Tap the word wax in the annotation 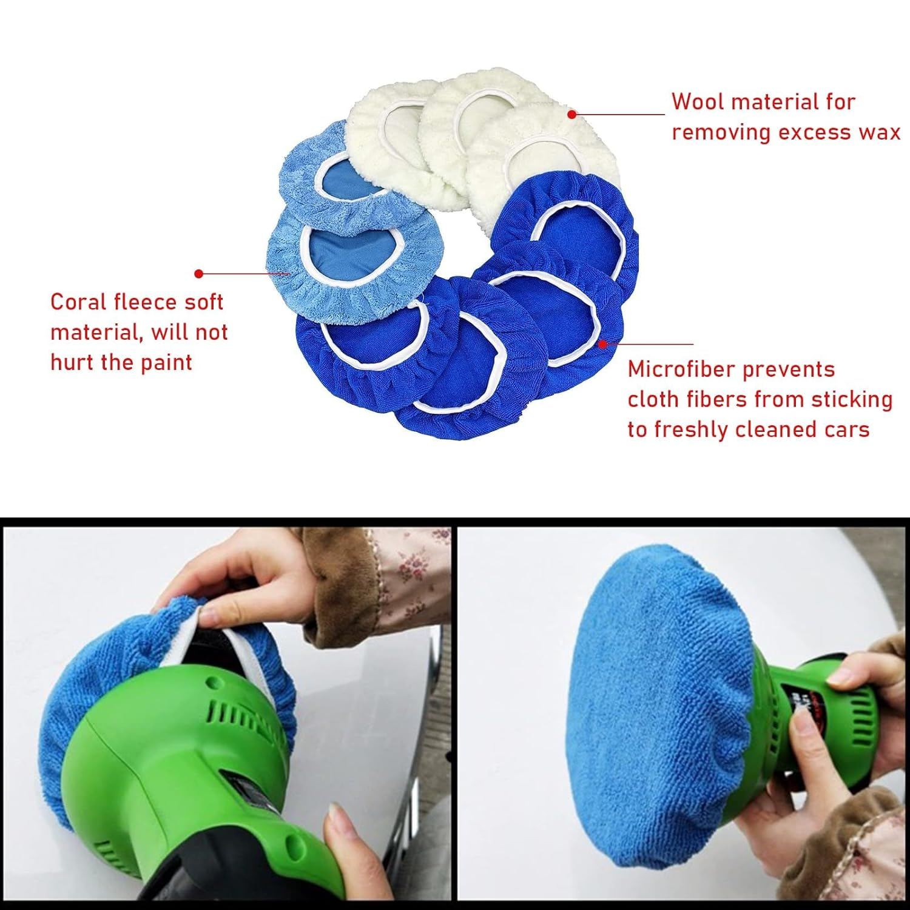(878, 132)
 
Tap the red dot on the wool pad (571, 113)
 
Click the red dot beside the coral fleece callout (198, 274)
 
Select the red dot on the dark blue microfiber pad (602, 344)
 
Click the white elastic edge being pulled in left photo (182, 637)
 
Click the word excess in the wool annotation (812, 132)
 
